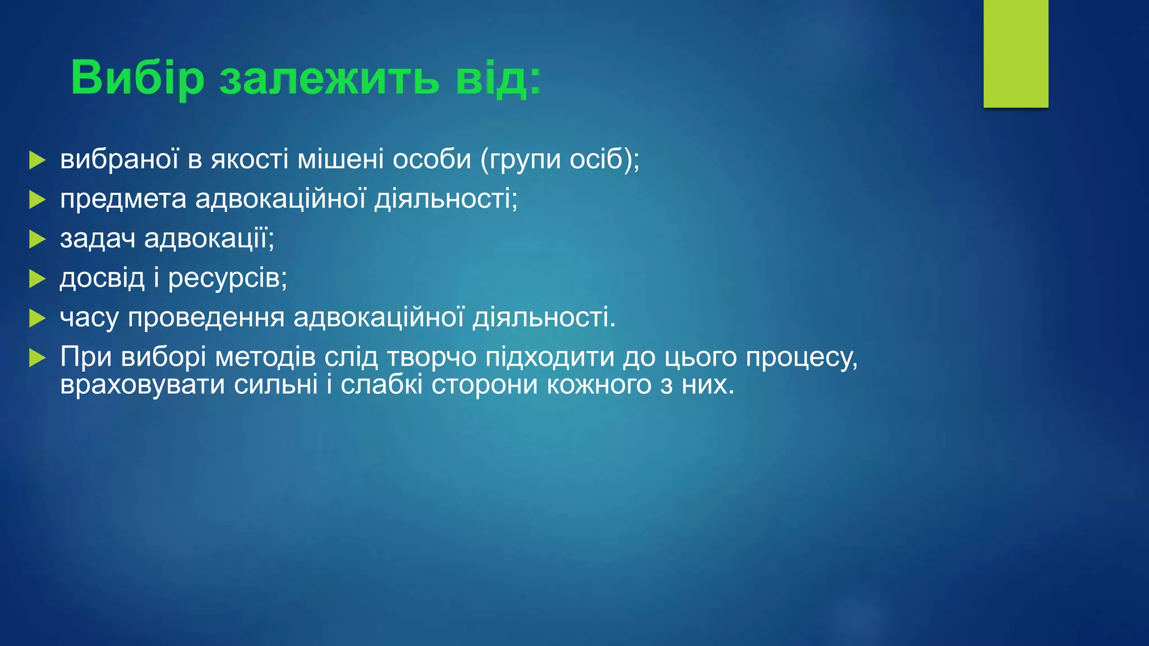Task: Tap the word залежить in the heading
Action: [x=329, y=78]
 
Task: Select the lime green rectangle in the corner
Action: [x=1015, y=53]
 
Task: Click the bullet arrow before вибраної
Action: [x=37, y=160]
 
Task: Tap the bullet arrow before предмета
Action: [x=37, y=200]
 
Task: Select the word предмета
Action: [x=123, y=199]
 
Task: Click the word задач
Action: [x=98, y=239]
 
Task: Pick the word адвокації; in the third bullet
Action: [x=209, y=239]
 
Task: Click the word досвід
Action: [x=102, y=278]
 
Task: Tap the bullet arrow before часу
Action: [x=37, y=319]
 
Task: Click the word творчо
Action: [x=431, y=357]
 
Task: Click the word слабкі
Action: [x=381, y=385]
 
